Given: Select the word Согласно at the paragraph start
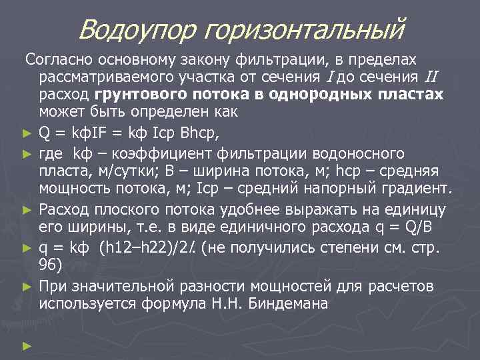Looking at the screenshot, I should coord(57,60).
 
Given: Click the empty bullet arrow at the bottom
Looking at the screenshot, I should coord(27,346).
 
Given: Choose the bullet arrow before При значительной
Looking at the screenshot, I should coord(27,287).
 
